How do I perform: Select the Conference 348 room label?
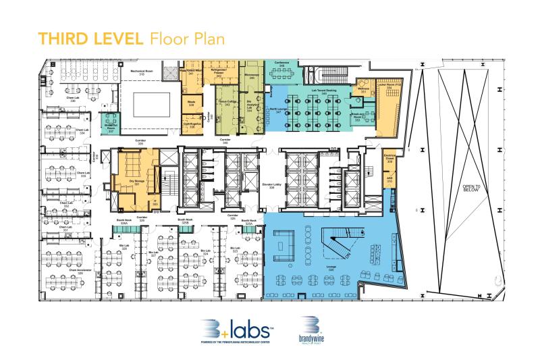(x=281, y=64)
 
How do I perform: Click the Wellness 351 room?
(x=363, y=91)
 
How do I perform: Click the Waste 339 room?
(x=191, y=103)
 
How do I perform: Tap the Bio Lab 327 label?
(x=153, y=255)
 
